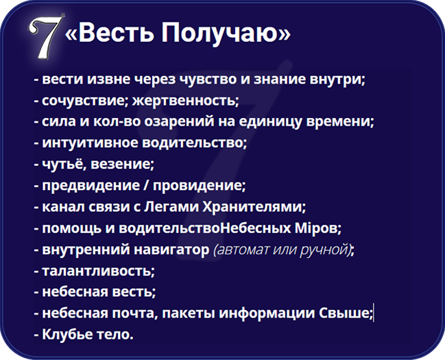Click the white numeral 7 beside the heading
pyautogui.click(x=45, y=36)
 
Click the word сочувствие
pyautogui.click(x=83, y=101)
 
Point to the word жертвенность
pyautogui.click(x=184, y=101)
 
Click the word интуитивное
pyautogui.click(x=90, y=143)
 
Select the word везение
pyautogui.click(x=121, y=164)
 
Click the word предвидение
pyautogui.click(x=91, y=185)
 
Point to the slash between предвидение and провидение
pyautogui.click(x=146, y=185)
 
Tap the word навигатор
pyautogui.click(x=171, y=250)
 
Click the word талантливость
pyautogui.click(x=97, y=271)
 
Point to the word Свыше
pyautogui.click(x=344, y=313)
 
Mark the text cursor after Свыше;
pyautogui.click(x=374, y=313)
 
